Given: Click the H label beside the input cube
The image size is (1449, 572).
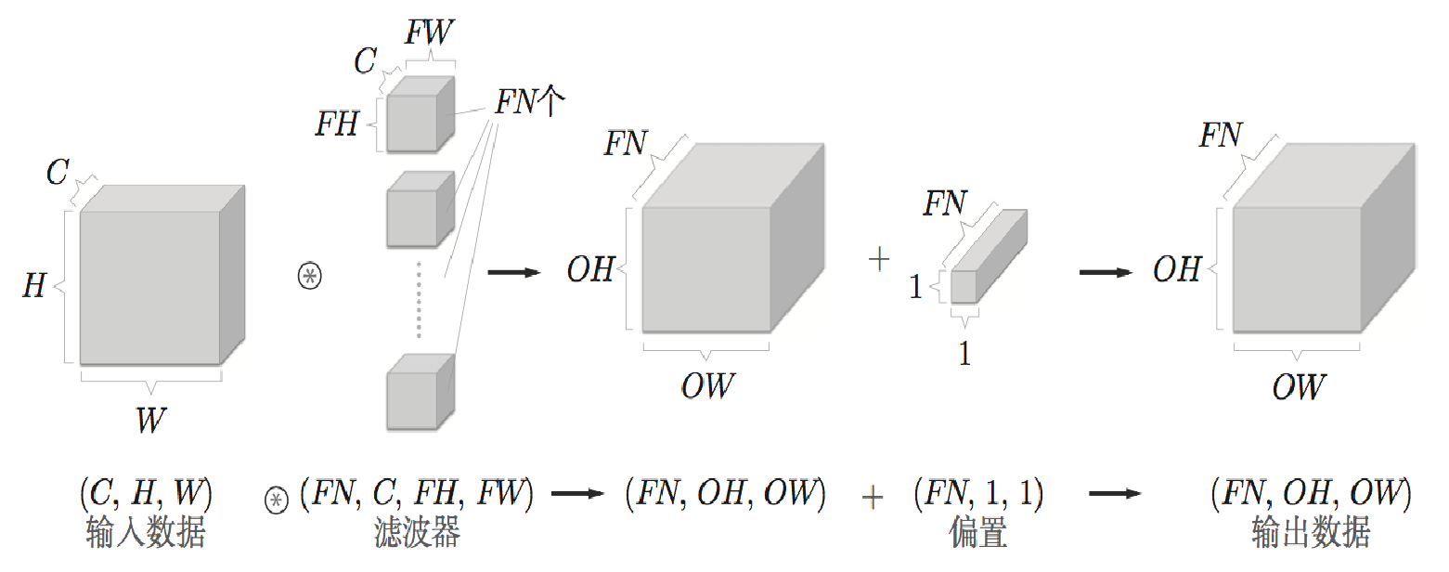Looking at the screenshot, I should pos(34,286).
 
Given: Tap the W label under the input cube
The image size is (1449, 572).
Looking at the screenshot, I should pos(150,421).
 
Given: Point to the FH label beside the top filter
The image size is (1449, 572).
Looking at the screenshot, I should pos(338,123).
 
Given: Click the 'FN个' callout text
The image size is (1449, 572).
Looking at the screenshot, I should pos(528,101).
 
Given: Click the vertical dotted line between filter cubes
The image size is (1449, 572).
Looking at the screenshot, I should pos(419,299).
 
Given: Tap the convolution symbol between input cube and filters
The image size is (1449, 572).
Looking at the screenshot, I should pos(308,276).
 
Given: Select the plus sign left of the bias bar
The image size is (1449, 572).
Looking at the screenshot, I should pos(878,260).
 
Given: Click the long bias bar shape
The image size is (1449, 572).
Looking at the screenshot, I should pos(989,256).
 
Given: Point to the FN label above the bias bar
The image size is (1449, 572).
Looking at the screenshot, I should pos(945,202).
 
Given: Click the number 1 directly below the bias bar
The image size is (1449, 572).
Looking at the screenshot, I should pos(964,355).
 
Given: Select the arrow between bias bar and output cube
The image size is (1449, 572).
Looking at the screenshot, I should pos(1106,272).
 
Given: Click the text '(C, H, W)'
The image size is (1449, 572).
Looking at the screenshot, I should pos(146,493).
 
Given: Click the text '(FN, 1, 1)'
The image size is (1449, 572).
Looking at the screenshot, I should pos(978,493).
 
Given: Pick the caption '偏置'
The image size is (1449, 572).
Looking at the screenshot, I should pos(978,534).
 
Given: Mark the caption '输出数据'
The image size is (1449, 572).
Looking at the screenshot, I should pos(1311,534).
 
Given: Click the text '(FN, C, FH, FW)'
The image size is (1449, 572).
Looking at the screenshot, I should pos(417,493).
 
